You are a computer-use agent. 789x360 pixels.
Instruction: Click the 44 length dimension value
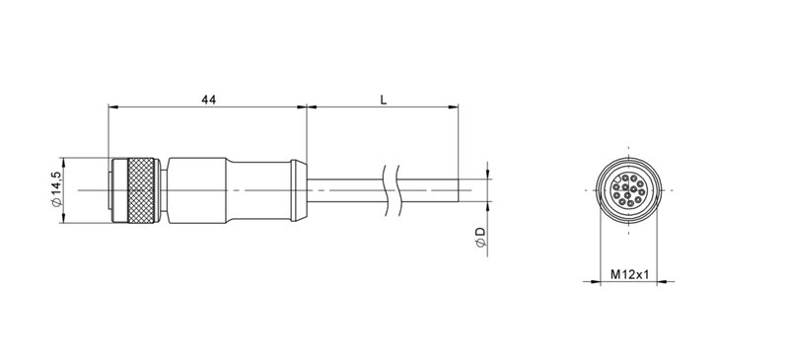tap(207, 100)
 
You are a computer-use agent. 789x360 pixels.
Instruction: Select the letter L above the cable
tap(382, 100)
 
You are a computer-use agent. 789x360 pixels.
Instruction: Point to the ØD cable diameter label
tap(480, 237)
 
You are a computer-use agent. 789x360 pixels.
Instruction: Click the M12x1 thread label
tap(627, 274)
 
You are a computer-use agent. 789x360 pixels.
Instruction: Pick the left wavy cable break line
tap(383, 188)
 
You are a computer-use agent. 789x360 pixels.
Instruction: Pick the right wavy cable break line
tap(395, 188)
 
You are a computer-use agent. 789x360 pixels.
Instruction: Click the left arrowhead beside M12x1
tap(595, 283)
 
